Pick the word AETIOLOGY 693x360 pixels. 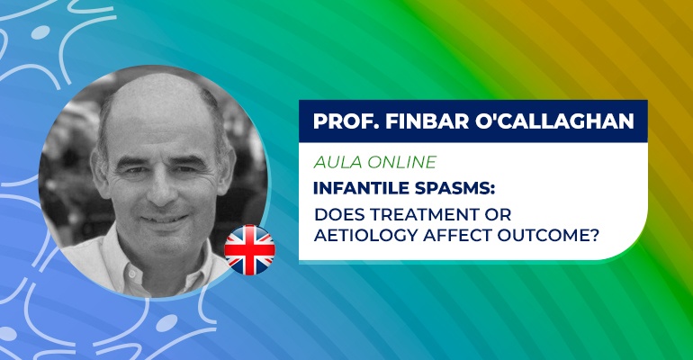(365, 236)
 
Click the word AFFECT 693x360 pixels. (457, 236)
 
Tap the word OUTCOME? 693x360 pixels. (548, 236)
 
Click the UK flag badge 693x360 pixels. (249, 250)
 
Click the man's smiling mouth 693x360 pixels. (164, 218)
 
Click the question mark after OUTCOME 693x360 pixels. (594, 236)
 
